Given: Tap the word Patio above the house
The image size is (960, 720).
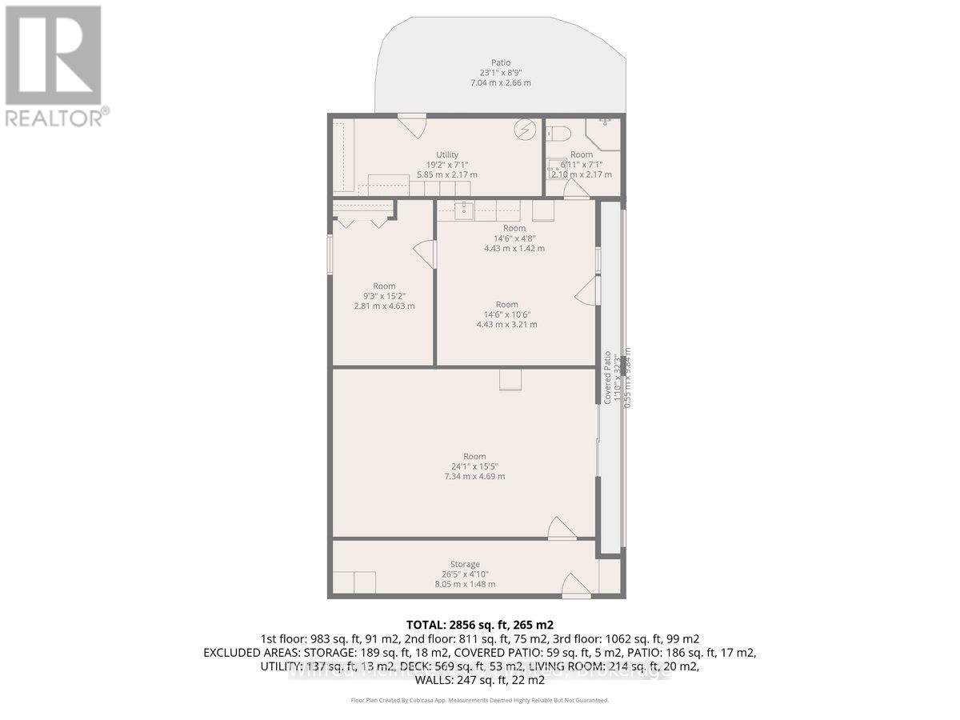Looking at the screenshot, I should pos(500,63).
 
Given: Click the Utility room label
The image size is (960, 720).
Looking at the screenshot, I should pos(447,155).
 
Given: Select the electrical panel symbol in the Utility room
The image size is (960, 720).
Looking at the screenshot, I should pos(525,129).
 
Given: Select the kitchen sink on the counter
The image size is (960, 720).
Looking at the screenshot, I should pos(463,211).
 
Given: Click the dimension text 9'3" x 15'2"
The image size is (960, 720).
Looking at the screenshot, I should pos(384,296).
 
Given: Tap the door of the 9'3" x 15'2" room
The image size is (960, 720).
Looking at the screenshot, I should pos(424,255).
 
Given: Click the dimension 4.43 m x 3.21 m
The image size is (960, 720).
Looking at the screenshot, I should pos(506,324).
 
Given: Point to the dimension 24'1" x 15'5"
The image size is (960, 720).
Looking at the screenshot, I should pos(474,466).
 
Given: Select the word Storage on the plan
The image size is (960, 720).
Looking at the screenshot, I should pos(465,564).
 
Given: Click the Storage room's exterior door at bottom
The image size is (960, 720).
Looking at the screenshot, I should pos(576,586).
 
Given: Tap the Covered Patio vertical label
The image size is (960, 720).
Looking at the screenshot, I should pos(608,377).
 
